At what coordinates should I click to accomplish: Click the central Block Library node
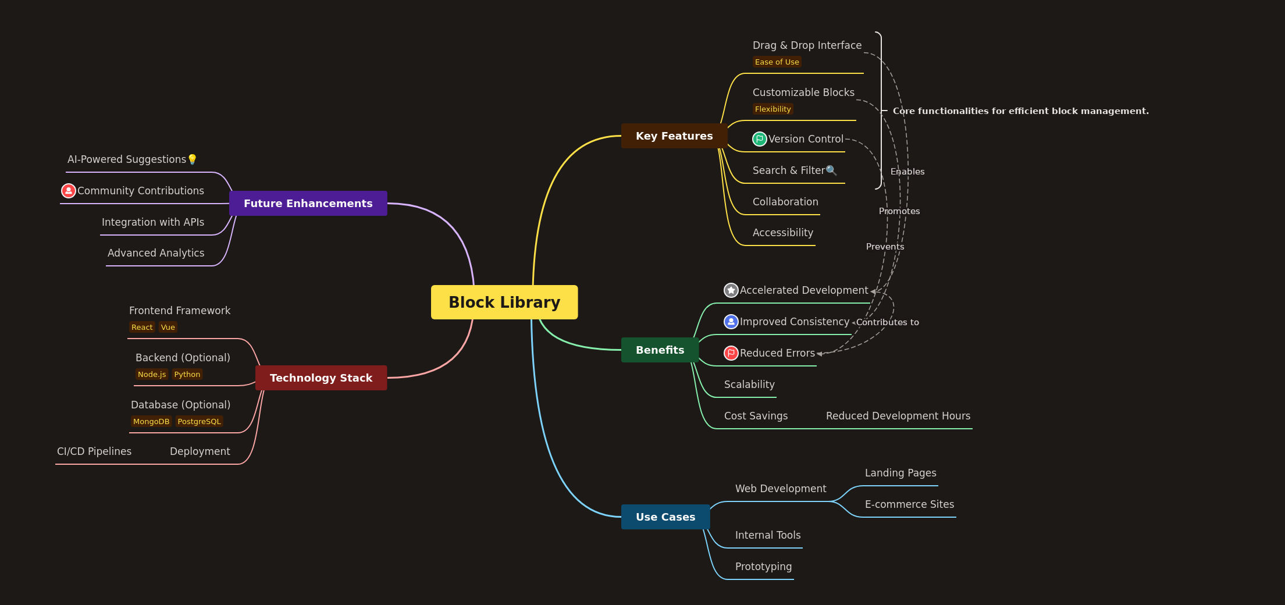tap(504, 302)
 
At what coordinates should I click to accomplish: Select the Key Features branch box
tap(674, 136)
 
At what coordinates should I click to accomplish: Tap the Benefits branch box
tap(660, 350)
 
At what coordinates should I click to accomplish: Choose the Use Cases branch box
tap(665, 517)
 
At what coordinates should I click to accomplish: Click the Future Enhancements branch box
tap(308, 203)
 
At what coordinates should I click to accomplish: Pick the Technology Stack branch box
tap(321, 378)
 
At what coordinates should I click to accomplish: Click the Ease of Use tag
tap(777, 62)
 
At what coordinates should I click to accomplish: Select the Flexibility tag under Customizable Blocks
tap(773, 109)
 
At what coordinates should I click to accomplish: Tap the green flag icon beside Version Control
tap(759, 139)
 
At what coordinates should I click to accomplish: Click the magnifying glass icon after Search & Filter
tap(831, 170)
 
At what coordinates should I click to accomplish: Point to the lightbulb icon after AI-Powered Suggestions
tap(193, 159)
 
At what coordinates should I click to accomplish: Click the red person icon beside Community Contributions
tap(69, 191)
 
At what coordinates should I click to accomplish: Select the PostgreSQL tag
tap(199, 421)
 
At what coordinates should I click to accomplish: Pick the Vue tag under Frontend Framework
tap(168, 327)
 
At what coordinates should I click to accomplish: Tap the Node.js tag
tap(152, 374)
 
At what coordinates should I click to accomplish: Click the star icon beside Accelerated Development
tap(731, 290)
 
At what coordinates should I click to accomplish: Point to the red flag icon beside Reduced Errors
tap(731, 353)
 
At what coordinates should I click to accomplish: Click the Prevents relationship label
tap(885, 247)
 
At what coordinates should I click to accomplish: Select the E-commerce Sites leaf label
tap(909, 504)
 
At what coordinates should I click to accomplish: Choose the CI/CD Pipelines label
tap(94, 451)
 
